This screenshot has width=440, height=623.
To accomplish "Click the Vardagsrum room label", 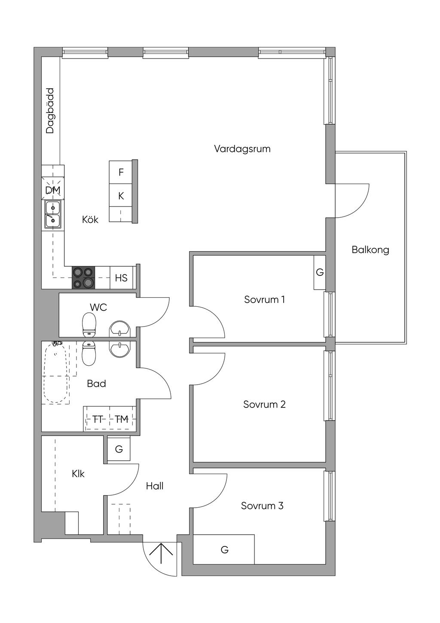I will point(242,149).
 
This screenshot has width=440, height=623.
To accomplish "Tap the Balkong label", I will point(370,250).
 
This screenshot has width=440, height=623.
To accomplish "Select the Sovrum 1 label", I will point(264,299).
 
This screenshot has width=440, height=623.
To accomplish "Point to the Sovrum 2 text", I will point(264,404).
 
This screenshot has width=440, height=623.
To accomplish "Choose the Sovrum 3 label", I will point(262,506).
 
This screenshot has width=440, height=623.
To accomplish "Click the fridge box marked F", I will point(121,172).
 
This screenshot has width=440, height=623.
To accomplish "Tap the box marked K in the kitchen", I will point(121,196).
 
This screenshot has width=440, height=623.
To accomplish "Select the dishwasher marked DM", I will point(53,190).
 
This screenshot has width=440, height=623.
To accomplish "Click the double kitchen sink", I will point(53,214).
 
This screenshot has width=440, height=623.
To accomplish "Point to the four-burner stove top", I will point(83,278).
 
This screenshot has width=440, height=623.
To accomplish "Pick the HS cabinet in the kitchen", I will point(121,278).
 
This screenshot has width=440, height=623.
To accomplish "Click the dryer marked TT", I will point(97,419).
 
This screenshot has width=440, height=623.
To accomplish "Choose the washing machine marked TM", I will point(122,419).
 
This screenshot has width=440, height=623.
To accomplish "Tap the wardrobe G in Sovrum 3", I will point(224,549).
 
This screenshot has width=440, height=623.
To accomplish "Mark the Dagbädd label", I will point(50,111).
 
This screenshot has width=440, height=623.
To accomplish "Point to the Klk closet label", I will point(78,474).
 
